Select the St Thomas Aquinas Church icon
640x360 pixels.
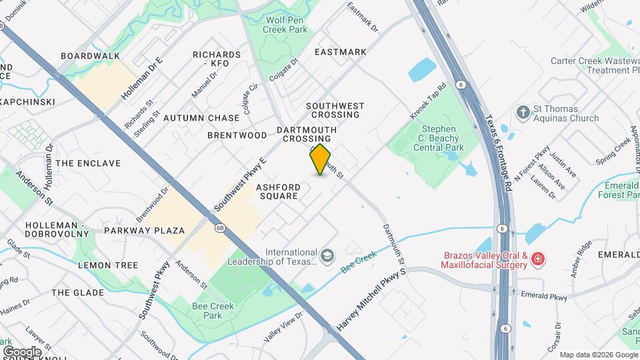pos(523,113)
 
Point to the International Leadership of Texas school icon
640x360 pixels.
pos(327,256)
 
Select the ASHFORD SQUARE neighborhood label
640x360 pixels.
pos(278,192)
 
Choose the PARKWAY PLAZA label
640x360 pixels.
pos(144,231)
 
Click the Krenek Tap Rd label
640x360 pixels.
pos(427,101)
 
